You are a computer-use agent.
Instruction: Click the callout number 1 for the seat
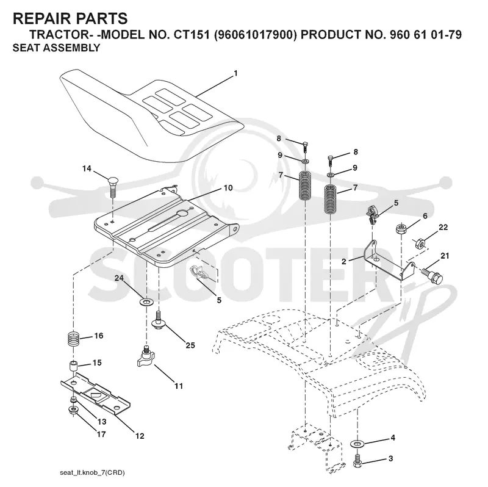pos(235,73)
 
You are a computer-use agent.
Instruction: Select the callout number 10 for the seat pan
pos(228,188)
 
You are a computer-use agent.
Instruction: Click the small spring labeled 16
pos(74,339)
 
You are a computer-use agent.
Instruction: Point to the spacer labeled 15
pos(73,366)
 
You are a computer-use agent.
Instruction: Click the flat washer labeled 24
pos(146,301)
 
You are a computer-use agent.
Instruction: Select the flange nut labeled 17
pos(73,409)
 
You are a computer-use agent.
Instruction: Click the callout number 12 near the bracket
pos(140,436)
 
